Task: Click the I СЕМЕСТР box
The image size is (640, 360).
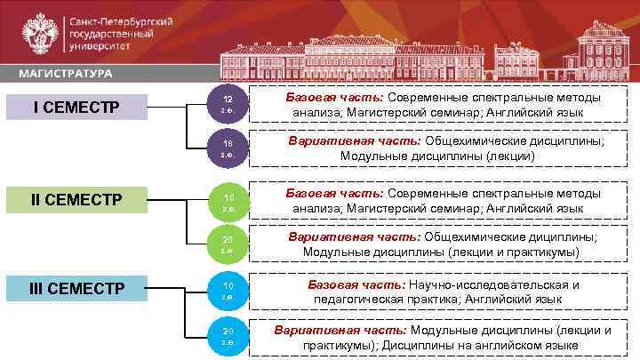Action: (76, 108)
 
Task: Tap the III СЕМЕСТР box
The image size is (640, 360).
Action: (76, 288)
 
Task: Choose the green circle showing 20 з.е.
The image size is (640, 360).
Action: (228, 244)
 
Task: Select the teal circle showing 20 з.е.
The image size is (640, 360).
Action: (228, 336)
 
